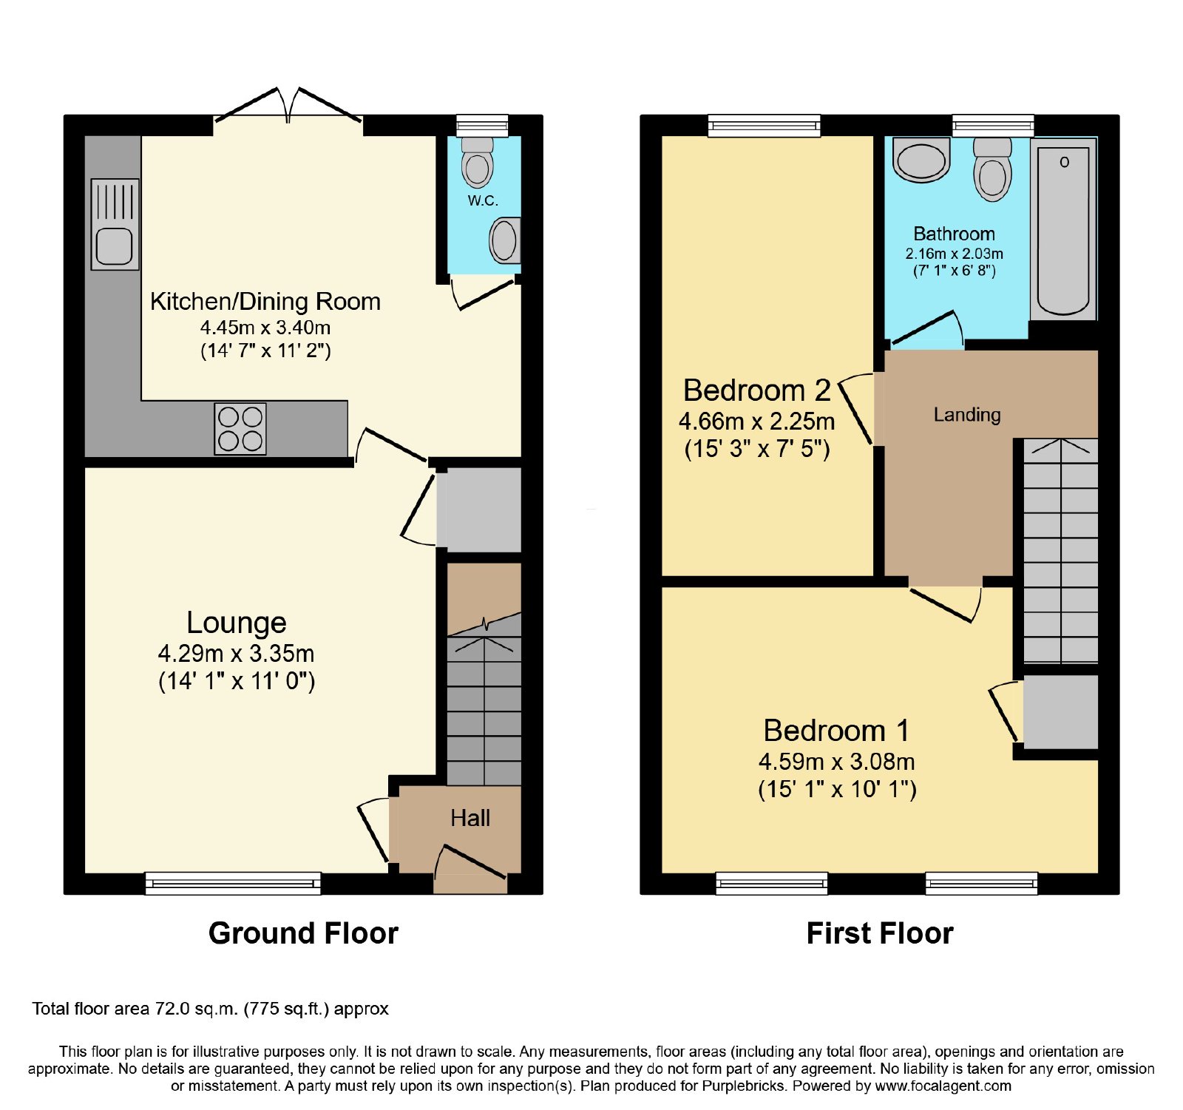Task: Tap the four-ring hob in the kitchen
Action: tap(240, 429)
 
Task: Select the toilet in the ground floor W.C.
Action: tap(478, 162)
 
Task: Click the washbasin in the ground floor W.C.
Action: tap(505, 240)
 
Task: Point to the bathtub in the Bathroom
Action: tap(1063, 229)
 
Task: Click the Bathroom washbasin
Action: tap(921, 160)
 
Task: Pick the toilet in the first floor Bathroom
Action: tap(992, 169)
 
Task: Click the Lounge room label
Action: tap(237, 623)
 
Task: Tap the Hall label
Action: tap(470, 818)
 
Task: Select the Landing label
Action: tap(967, 415)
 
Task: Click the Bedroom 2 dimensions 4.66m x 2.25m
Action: tap(757, 422)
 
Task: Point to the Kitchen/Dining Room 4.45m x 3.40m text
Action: tap(265, 327)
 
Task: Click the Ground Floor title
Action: tap(303, 933)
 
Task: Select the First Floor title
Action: tap(880, 933)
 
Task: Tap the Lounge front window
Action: tap(233, 883)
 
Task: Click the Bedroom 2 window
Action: tap(765, 126)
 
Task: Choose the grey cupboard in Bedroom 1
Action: tap(1061, 711)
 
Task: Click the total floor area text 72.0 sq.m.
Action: tap(210, 1009)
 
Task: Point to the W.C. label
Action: tap(483, 200)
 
